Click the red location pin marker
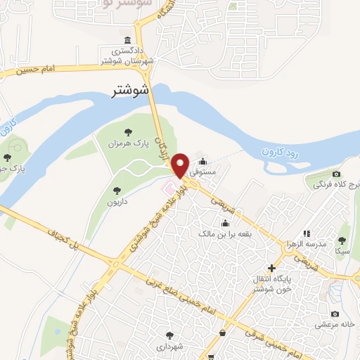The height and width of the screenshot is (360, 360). click(181, 165)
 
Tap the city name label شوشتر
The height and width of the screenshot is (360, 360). click(132, 91)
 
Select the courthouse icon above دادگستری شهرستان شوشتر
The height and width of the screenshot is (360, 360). click(127, 39)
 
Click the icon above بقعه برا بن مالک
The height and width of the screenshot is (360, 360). click(225, 223)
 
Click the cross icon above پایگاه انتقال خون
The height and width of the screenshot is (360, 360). click(272, 266)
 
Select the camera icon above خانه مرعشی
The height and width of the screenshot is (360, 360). click(335, 314)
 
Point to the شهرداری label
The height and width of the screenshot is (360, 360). click(169, 347)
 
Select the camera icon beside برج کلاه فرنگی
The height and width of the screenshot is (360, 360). click(336, 174)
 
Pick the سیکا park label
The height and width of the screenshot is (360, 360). click(342, 251)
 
